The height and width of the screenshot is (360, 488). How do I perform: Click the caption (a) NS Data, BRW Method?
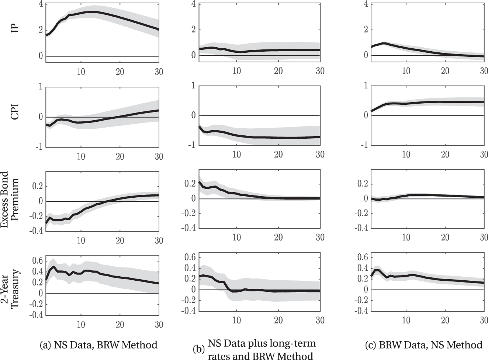(x=98, y=345)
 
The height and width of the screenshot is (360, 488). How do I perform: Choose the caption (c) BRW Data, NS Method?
(x=423, y=345)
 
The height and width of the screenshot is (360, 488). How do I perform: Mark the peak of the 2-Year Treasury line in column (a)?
(x=54, y=267)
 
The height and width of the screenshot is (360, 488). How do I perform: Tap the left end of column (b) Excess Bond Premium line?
(x=199, y=182)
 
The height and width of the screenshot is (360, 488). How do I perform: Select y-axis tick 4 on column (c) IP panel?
(x=366, y=4)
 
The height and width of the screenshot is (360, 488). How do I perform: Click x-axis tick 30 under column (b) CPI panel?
(x=319, y=154)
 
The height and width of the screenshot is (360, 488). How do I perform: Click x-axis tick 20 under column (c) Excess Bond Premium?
(x=445, y=237)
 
